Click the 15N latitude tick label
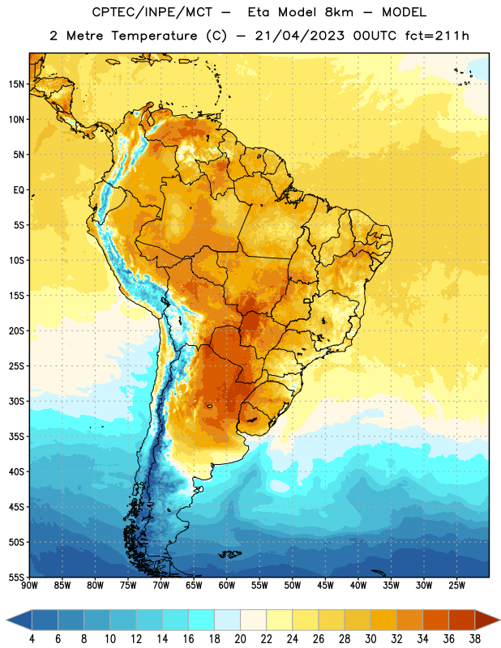coord(16,84)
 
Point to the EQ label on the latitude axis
coord(19,190)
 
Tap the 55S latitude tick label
coord(16,577)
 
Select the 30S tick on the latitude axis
coord(16,401)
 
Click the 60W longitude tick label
coord(227,586)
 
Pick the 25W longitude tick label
coord(456,586)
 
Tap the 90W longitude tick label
coord(29,586)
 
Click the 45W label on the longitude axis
coord(325,586)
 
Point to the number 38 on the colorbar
coord(475,639)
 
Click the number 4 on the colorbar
coord(32,639)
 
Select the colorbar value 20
coord(240,639)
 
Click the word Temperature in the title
coord(155,36)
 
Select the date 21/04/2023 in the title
coord(299,36)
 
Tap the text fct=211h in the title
coord(437,36)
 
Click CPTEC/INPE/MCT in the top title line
coord(152,12)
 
